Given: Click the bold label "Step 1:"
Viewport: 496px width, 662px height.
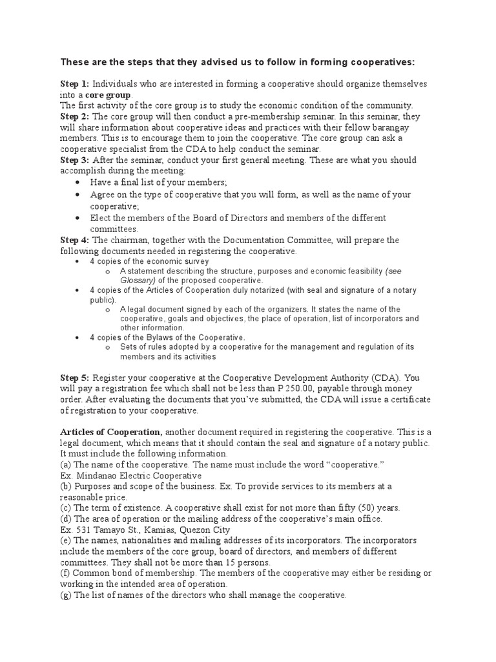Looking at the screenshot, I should coord(75,85).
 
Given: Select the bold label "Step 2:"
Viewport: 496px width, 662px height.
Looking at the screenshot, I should coord(75,116).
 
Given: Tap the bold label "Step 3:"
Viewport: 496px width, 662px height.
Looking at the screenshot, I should coord(75,160).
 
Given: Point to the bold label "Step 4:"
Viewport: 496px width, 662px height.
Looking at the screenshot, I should coord(75,240).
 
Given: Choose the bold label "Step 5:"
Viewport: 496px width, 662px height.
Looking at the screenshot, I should coord(75,378).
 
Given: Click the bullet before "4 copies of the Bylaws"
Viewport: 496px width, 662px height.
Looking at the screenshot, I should coord(77,337).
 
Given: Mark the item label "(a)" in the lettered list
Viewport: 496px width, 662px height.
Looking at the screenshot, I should coord(66,464).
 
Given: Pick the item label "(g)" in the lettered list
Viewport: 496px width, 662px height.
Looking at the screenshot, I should coord(66,595).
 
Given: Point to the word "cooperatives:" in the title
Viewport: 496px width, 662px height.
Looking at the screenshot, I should coord(382,62).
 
